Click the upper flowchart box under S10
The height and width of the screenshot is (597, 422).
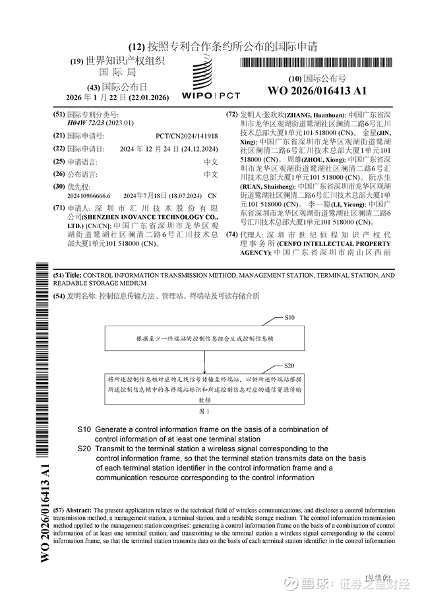tap(204, 338)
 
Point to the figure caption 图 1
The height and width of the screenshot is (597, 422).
tap(204, 410)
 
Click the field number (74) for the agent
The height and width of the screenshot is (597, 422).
tap(231, 235)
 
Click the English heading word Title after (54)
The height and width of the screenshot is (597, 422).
tap(73, 275)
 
